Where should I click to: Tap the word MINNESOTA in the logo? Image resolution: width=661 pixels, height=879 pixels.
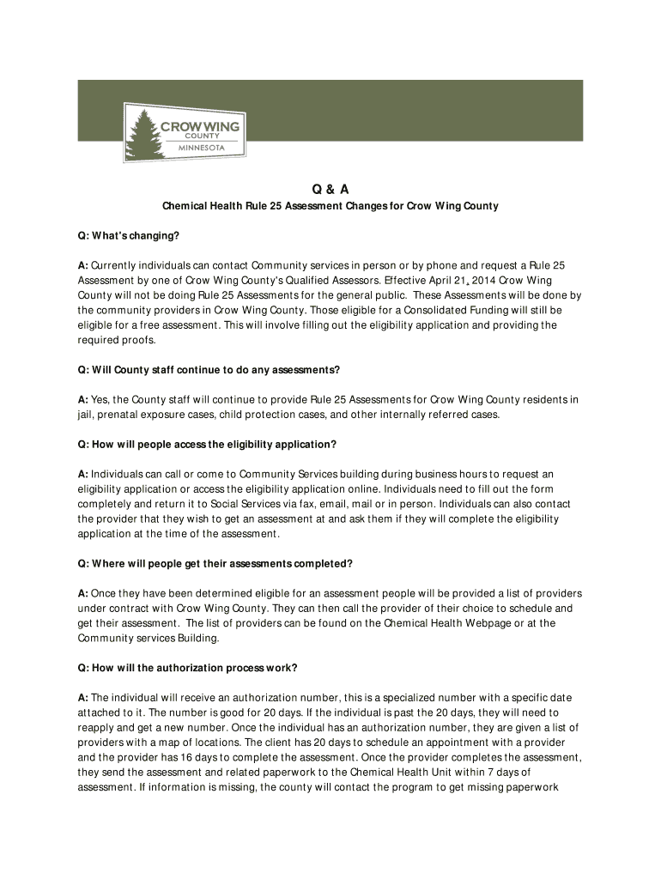tap(201, 147)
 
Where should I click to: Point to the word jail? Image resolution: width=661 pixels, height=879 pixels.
tap(86, 415)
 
